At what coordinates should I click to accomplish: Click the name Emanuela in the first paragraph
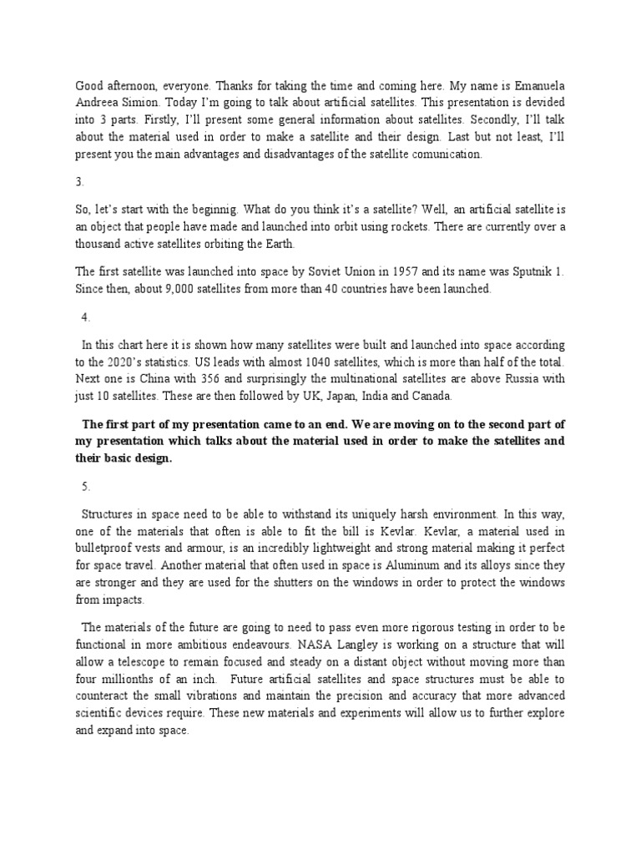point(538,85)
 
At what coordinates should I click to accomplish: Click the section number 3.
point(80,181)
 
